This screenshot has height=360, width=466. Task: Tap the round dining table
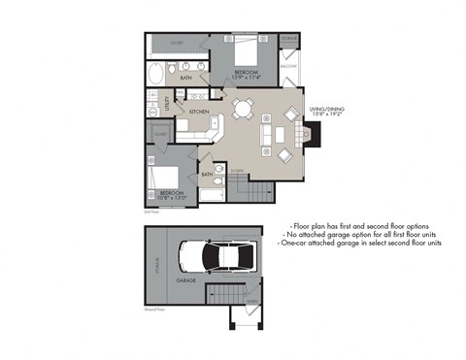pyautogui.click(x=242, y=108)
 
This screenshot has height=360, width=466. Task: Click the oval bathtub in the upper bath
pyautogui.click(x=157, y=73)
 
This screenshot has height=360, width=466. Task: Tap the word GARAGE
pyautogui.click(x=186, y=280)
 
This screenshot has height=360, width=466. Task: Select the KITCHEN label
pyautogui.click(x=200, y=113)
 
